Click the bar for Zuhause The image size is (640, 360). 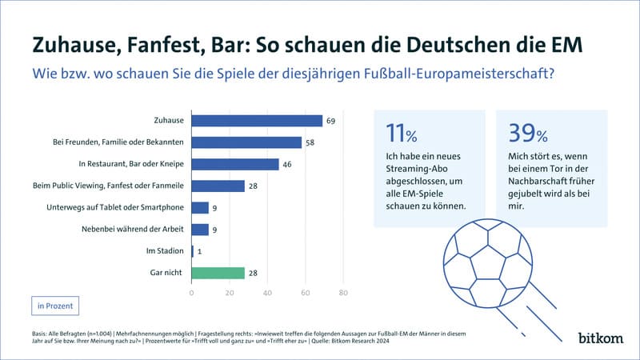point(257,121)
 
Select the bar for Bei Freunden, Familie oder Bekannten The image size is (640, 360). point(246,142)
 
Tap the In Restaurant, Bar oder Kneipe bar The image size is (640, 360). point(235,164)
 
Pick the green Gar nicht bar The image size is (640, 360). point(218,273)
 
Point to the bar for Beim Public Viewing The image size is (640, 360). point(218,186)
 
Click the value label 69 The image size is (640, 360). point(330,121)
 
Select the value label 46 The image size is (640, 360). point(286,164)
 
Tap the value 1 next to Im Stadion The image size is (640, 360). point(199,251)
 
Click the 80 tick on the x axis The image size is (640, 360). point(342,293)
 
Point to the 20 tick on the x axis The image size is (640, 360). point(230,293)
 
